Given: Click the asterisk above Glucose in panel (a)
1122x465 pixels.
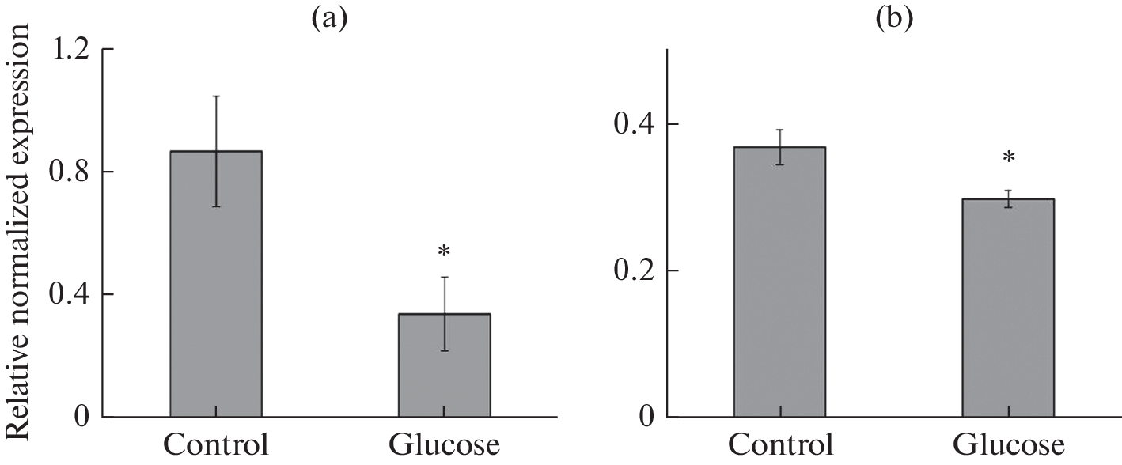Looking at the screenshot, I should pyautogui.click(x=444, y=252).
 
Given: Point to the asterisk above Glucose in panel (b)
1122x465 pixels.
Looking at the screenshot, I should pyautogui.click(x=1009, y=158).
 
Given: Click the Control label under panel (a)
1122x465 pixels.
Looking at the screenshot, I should pyautogui.click(x=216, y=445).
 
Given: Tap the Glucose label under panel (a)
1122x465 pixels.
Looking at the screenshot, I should pyautogui.click(x=444, y=445).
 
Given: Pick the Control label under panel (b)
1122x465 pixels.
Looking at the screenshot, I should pyautogui.click(x=780, y=445).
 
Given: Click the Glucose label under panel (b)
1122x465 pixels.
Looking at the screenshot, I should pyautogui.click(x=1008, y=445).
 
